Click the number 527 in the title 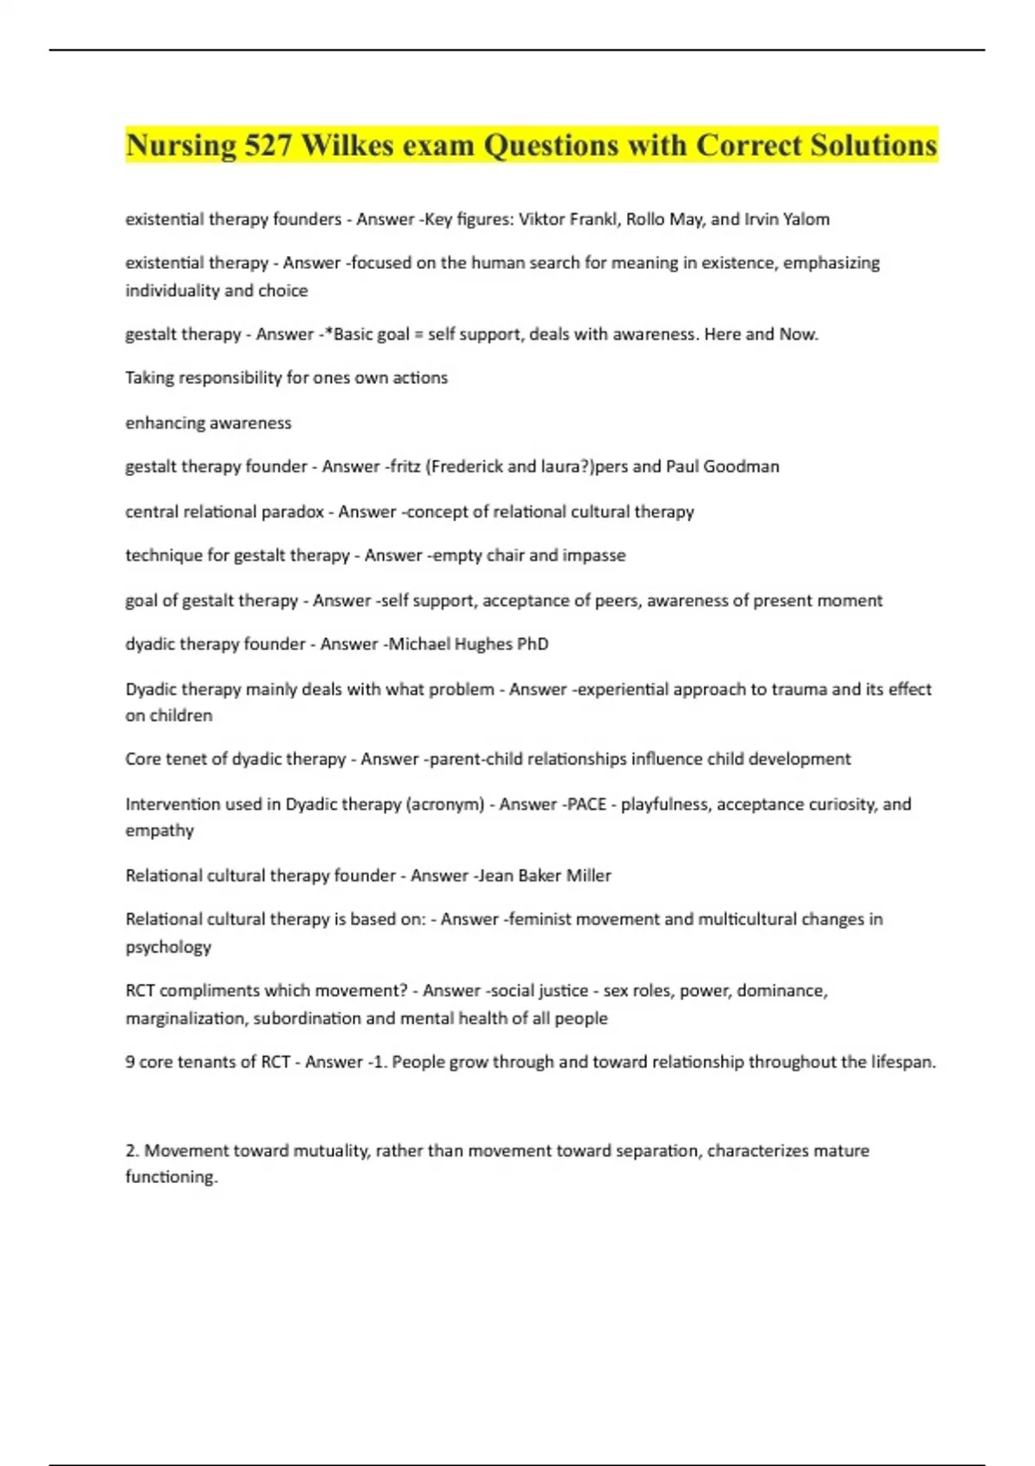(x=267, y=145)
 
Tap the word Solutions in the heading (x=873, y=145)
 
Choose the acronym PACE (x=586, y=804)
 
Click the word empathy (x=160, y=830)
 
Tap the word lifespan (x=902, y=1062)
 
